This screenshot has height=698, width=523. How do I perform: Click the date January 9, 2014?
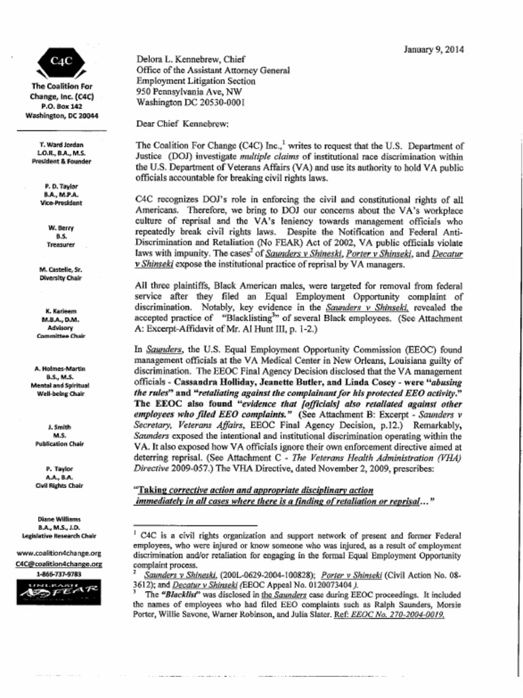pos(434,49)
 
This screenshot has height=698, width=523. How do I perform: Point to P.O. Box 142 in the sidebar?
pos(61,106)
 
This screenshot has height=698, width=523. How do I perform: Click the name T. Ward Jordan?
pos(61,145)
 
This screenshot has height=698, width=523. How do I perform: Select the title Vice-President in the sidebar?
pos(61,203)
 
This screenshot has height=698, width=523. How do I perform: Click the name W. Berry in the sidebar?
pos(61,228)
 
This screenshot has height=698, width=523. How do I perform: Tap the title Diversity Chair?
pos(61,278)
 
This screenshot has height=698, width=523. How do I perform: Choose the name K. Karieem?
pos(61,311)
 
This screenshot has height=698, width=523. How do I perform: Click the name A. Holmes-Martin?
pos(61,369)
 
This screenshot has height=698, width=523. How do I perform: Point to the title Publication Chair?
pos(61,444)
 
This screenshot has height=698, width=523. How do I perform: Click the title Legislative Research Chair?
pos(61,536)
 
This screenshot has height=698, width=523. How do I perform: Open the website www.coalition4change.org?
pos(59,553)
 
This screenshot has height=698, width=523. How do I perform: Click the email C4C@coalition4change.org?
pos(59,564)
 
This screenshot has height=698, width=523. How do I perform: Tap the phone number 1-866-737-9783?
pos(59,574)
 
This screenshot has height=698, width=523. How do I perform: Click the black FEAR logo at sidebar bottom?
pos(59,591)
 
